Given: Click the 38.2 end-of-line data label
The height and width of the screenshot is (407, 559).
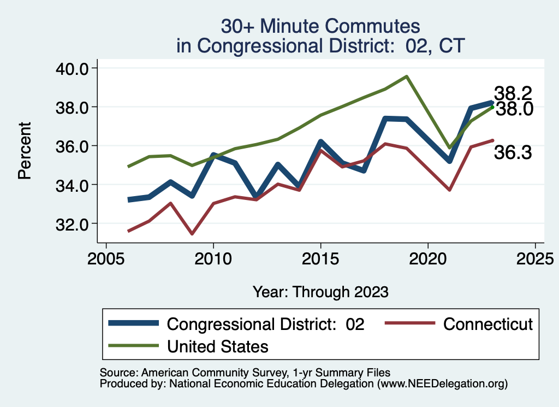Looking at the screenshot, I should (x=513, y=93).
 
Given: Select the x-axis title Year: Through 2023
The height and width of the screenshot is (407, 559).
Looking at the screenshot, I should (x=320, y=292).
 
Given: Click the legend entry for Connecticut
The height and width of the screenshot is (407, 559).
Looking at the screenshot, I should (x=487, y=324).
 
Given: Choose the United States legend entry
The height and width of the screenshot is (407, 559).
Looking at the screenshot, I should (x=217, y=346).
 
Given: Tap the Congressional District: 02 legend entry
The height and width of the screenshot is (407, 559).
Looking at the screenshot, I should (x=265, y=324).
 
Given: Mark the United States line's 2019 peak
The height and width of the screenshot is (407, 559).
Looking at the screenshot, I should (x=406, y=76).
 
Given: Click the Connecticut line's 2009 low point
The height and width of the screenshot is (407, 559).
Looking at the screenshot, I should (x=192, y=234).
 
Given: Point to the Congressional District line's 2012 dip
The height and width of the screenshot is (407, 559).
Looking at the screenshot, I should (x=256, y=196).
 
